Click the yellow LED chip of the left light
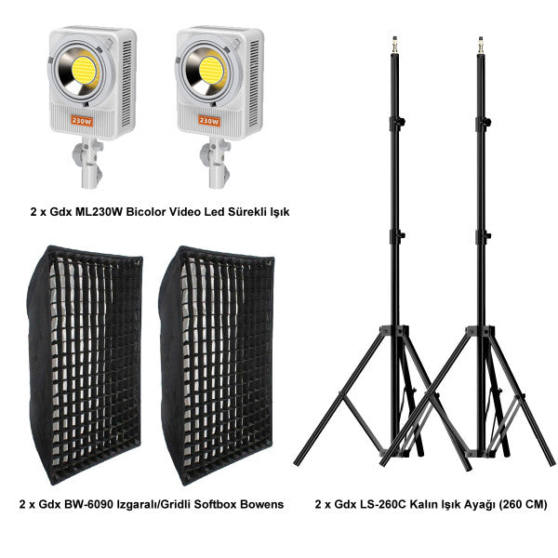[x=85, y=71]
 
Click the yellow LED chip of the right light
[x=212, y=71]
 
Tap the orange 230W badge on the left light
[x=82, y=121]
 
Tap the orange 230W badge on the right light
[x=209, y=121]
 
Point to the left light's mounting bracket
[x=88, y=163]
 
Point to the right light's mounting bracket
[x=215, y=163]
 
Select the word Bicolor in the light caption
[x=146, y=212]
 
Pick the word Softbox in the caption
[x=216, y=504]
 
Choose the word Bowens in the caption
[x=262, y=504]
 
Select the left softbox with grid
[x=85, y=365]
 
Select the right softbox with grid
[x=217, y=365]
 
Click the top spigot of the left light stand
[x=394, y=46]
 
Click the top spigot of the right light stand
[x=481, y=46]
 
